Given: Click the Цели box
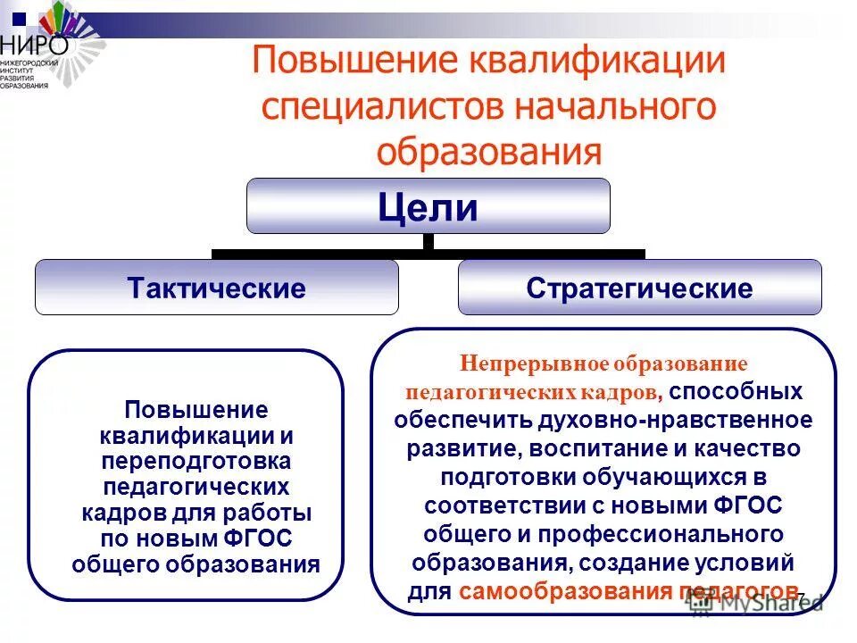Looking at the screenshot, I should coord(428,207).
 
